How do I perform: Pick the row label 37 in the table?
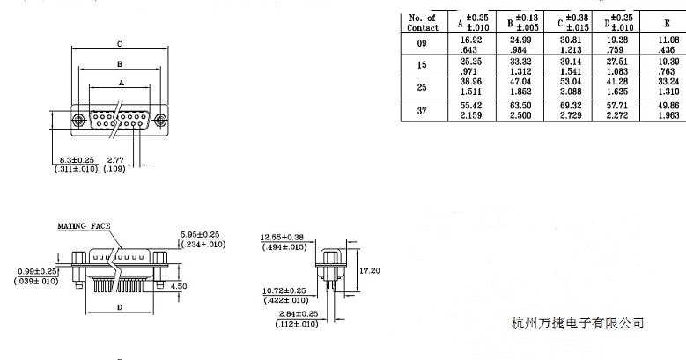click(x=423, y=112)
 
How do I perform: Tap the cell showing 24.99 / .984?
click(x=523, y=46)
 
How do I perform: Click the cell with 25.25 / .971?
click(x=474, y=68)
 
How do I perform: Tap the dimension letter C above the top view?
click(x=119, y=43)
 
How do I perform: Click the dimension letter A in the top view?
click(x=120, y=82)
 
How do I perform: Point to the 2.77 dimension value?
click(x=114, y=159)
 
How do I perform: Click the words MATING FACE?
click(x=85, y=226)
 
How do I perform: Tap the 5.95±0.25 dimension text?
click(x=200, y=235)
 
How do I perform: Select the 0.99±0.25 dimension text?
click(x=36, y=271)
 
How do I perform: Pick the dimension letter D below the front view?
click(x=120, y=307)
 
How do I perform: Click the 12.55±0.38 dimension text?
click(x=283, y=238)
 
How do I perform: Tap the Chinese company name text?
click(x=577, y=323)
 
